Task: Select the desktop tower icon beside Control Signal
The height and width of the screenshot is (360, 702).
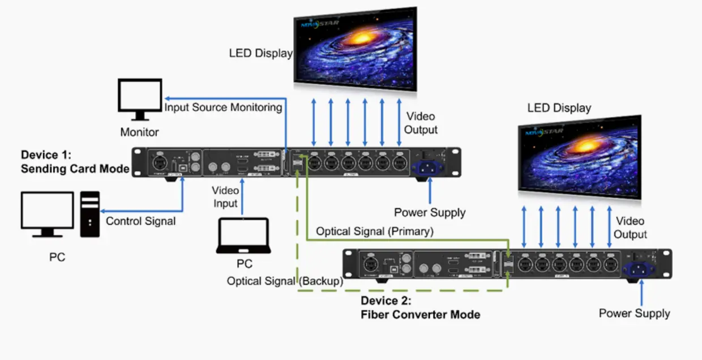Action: click(x=90, y=213)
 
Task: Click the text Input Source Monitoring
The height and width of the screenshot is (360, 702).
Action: click(x=223, y=108)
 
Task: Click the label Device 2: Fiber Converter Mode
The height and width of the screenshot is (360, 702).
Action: click(x=420, y=307)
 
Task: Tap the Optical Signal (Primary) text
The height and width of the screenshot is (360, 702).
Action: click(x=375, y=231)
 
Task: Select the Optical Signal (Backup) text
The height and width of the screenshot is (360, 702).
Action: click(x=285, y=281)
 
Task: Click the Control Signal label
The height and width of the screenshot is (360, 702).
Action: click(x=140, y=221)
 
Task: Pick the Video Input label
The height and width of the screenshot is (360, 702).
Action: click(x=225, y=197)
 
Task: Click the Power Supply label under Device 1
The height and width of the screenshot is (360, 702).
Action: click(x=430, y=213)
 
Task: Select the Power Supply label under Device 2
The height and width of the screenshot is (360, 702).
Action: click(x=634, y=314)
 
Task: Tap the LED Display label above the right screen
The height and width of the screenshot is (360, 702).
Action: click(x=559, y=108)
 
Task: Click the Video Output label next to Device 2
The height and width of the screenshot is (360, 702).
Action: click(x=630, y=228)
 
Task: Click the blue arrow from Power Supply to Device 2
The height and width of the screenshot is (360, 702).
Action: click(x=641, y=292)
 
